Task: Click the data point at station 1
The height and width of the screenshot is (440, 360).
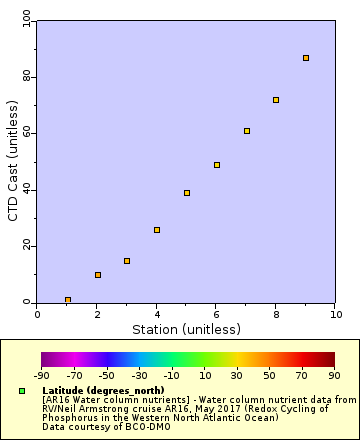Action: (x=68, y=300)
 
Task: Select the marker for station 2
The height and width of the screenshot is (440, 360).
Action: (x=98, y=275)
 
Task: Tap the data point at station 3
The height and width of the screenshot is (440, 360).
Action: (x=127, y=261)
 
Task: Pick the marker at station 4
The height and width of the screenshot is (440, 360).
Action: (x=157, y=230)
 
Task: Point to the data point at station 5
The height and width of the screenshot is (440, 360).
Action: (x=187, y=193)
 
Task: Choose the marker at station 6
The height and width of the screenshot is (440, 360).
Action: (x=217, y=165)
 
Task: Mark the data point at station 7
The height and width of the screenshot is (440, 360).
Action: (x=247, y=131)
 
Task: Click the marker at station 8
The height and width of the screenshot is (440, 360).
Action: (x=276, y=100)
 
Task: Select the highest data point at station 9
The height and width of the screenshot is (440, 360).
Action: (x=306, y=58)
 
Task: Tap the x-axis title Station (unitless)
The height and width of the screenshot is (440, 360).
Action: (x=187, y=329)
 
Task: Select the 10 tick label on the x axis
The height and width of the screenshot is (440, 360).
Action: (x=336, y=313)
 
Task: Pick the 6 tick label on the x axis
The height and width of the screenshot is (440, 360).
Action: (x=217, y=313)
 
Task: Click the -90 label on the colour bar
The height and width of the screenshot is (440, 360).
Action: (x=41, y=376)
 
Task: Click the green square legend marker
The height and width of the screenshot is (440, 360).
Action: (x=23, y=390)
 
